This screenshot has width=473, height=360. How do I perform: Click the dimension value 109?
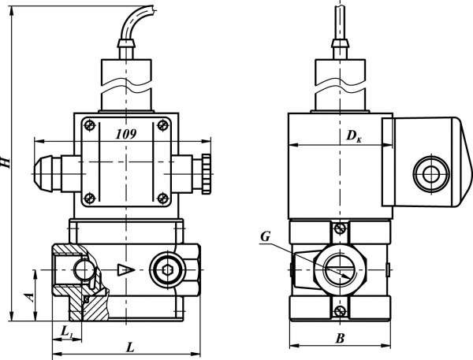tap(126, 134)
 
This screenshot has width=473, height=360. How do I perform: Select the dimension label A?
tap(30, 297)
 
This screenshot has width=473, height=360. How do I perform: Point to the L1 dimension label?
tap(67, 332)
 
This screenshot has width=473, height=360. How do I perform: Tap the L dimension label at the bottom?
tap(130, 347)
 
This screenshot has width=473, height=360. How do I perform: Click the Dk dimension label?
tap(354, 136)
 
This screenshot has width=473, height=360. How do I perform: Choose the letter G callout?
tap(266, 237)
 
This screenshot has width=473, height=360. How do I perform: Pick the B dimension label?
tap(340, 339)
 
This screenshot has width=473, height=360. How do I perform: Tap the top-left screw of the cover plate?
tap(90, 124)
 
